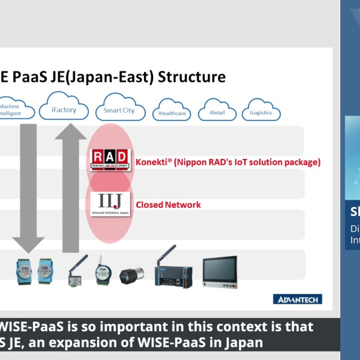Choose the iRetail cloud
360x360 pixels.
click(x=217, y=111)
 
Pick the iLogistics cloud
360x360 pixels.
click(x=260, y=111)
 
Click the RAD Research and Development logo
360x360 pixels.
click(x=110, y=160)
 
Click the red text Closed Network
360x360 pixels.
click(x=168, y=205)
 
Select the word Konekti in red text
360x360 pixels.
click(x=151, y=163)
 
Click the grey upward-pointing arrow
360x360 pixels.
click(x=71, y=186)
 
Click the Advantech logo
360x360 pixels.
click(x=298, y=299)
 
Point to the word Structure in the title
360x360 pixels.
click(x=192, y=77)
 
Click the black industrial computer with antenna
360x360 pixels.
click(x=174, y=270)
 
